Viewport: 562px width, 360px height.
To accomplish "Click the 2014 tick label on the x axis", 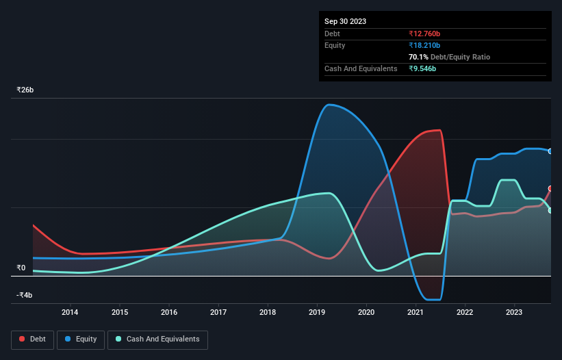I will pyautogui.click(x=70, y=313).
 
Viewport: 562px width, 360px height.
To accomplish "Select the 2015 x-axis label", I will pyautogui.click(x=119, y=313).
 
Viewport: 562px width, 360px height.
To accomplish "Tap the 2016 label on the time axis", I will pyautogui.click(x=169, y=313).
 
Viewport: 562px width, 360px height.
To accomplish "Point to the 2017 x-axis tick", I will pyautogui.click(x=218, y=313).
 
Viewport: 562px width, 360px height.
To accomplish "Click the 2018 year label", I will pyautogui.click(x=268, y=313).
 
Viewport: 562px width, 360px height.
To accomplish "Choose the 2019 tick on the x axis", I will pyautogui.click(x=317, y=313).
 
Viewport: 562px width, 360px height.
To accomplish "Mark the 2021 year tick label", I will pyautogui.click(x=416, y=313).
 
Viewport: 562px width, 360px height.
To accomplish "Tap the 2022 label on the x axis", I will pyautogui.click(x=465, y=313).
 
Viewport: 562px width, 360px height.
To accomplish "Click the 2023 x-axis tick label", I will pyautogui.click(x=514, y=313).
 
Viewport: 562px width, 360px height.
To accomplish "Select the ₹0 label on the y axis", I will pyautogui.click(x=21, y=268).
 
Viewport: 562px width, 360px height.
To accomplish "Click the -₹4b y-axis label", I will pyautogui.click(x=25, y=295).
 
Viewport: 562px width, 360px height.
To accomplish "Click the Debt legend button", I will pyautogui.click(x=33, y=339).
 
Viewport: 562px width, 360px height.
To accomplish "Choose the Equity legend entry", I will pyautogui.click(x=81, y=339).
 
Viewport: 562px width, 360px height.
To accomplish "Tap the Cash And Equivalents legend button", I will pyautogui.click(x=157, y=339).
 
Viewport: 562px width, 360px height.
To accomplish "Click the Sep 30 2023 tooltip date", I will pyautogui.click(x=345, y=21).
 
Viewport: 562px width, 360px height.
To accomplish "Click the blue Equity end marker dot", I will pyautogui.click(x=550, y=151).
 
